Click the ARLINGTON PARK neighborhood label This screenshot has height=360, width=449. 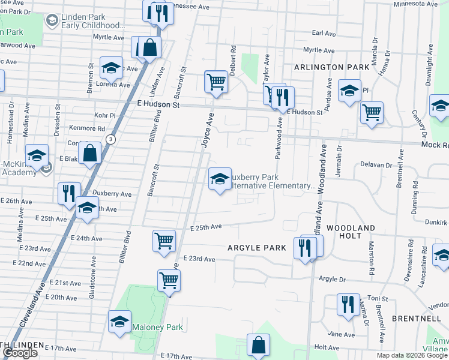click(327, 67)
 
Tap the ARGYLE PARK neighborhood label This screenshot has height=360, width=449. click(257, 247)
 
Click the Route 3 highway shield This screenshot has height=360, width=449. click(110, 139)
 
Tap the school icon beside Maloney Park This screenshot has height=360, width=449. click(119, 323)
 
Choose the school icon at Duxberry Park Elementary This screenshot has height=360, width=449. click(220, 179)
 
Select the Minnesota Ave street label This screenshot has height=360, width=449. click(415, 4)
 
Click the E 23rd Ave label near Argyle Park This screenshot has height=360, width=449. click(200, 259)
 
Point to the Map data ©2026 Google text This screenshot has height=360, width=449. click(412, 355)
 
